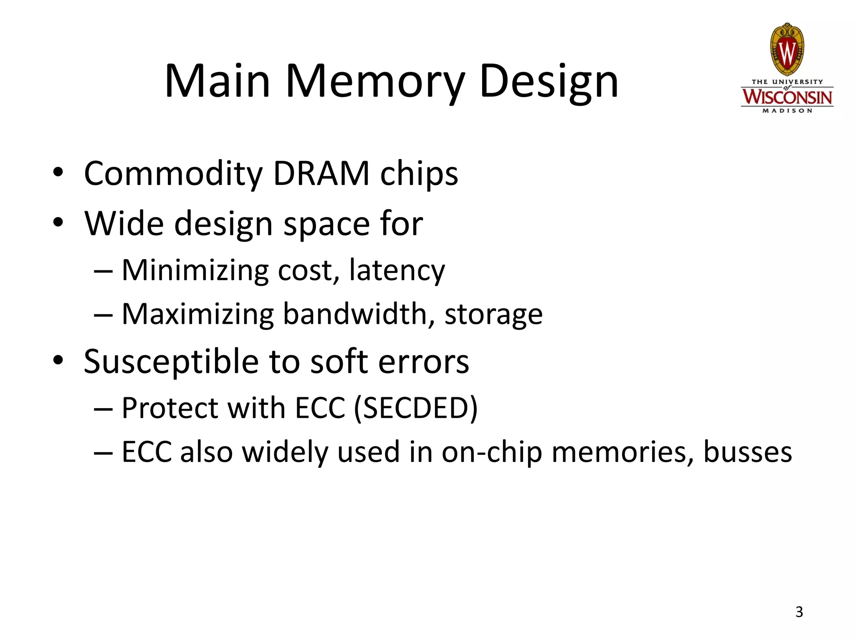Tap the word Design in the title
pos(549,81)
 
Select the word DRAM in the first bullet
pos(321,174)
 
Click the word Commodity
pos(173,174)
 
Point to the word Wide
pos(124,224)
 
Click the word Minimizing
pos(195,270)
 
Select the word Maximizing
pos(197,314)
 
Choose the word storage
pos(493,314)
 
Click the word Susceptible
pos(171,361)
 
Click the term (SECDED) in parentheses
pos(415,408)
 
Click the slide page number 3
pos(799,612)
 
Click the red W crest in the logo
pos(787,50)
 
